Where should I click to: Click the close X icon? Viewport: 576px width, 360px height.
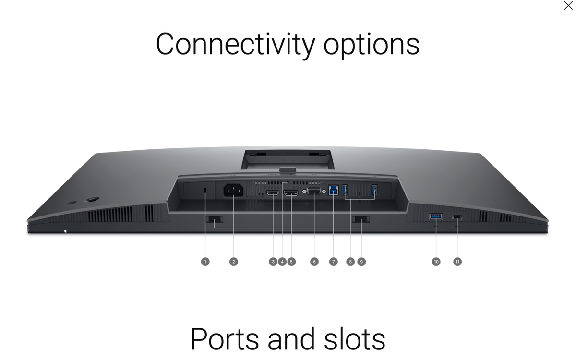point(568,5)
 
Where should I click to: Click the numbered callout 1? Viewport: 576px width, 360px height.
point(205,262)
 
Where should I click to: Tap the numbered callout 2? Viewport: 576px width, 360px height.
point(233,262)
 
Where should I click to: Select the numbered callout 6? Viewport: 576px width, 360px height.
point(314,262)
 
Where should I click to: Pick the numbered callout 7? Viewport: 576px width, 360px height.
point(334,262)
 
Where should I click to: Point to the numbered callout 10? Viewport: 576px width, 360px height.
point(436,262)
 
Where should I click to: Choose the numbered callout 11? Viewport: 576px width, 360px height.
point(457,262)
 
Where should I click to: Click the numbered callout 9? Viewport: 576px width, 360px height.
point(361,262)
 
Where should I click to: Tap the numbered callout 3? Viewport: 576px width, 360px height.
point(273,262)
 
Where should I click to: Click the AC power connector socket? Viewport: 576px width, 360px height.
point(233,190)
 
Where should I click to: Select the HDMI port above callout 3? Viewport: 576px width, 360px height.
point(273,192)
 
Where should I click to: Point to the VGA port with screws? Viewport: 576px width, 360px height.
point(314,192)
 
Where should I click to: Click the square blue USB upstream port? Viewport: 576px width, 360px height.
point(334,191)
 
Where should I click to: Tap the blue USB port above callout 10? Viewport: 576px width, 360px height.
point(436,216)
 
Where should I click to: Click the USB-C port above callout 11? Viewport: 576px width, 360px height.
point(457,217)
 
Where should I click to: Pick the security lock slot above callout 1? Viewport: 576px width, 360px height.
point(205,190)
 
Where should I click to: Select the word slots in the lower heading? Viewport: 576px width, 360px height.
point(355,339)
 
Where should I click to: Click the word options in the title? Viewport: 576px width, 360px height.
point(372,46)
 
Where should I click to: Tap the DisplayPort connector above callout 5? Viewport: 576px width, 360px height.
point(291,193)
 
